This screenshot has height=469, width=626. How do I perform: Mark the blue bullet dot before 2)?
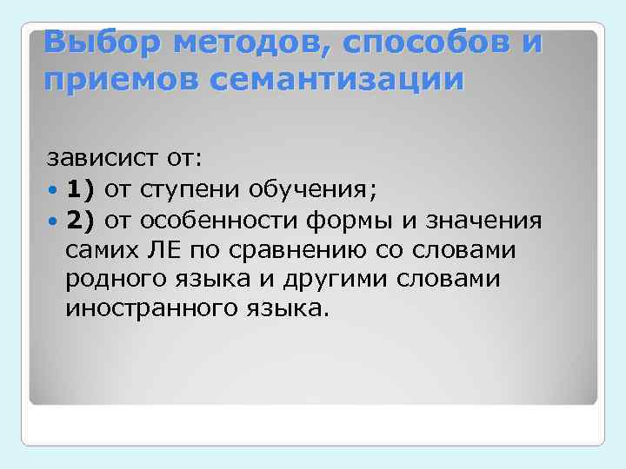(54, 221)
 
